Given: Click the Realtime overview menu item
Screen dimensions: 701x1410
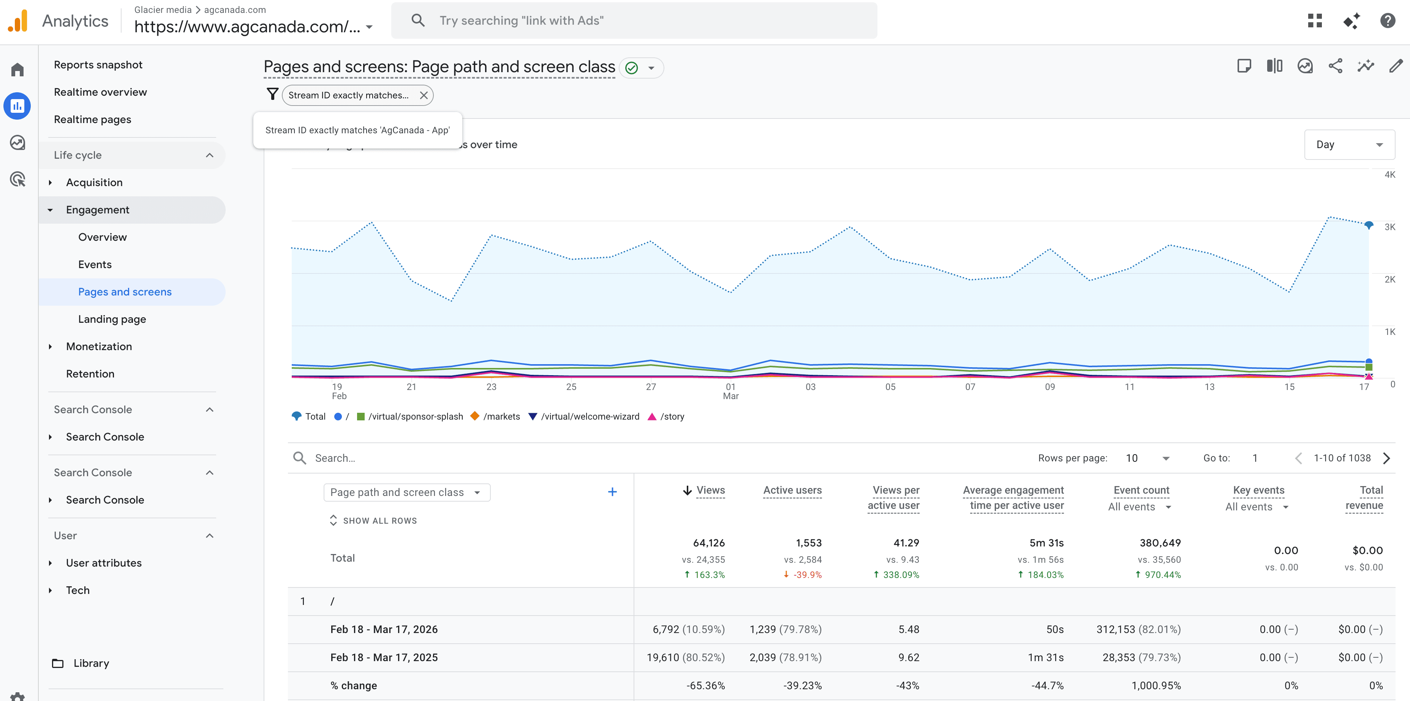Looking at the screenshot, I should (x=100, y=92).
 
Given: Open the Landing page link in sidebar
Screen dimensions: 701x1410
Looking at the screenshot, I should (x=112, y=319).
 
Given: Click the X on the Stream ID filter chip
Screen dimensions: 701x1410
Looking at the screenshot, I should (x=424, y=95).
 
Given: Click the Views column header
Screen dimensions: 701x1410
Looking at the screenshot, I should (x=710, y=490).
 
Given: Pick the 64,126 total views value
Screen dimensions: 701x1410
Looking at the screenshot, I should (x=708, y=543).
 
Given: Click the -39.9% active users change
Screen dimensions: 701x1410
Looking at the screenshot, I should (x=807, y=575).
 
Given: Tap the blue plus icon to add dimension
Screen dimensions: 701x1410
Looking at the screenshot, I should (x=612, y=492).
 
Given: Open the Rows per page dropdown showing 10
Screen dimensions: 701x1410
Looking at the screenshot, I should (x=1147, y=458).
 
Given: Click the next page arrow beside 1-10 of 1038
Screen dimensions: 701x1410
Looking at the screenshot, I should (x=1386, y=458).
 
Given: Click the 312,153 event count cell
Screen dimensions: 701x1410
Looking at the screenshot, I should (x=1138, y=629).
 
